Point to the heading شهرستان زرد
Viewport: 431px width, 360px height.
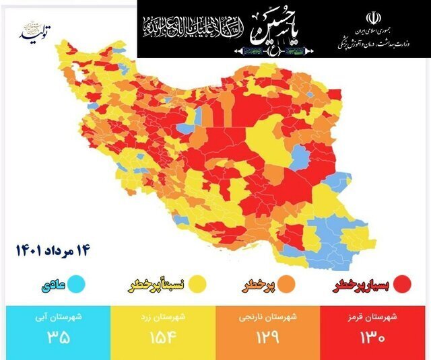click(159, 318)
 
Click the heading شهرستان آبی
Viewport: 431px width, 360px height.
click(53, 318)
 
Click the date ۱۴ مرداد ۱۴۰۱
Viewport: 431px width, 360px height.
click(53, 251)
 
